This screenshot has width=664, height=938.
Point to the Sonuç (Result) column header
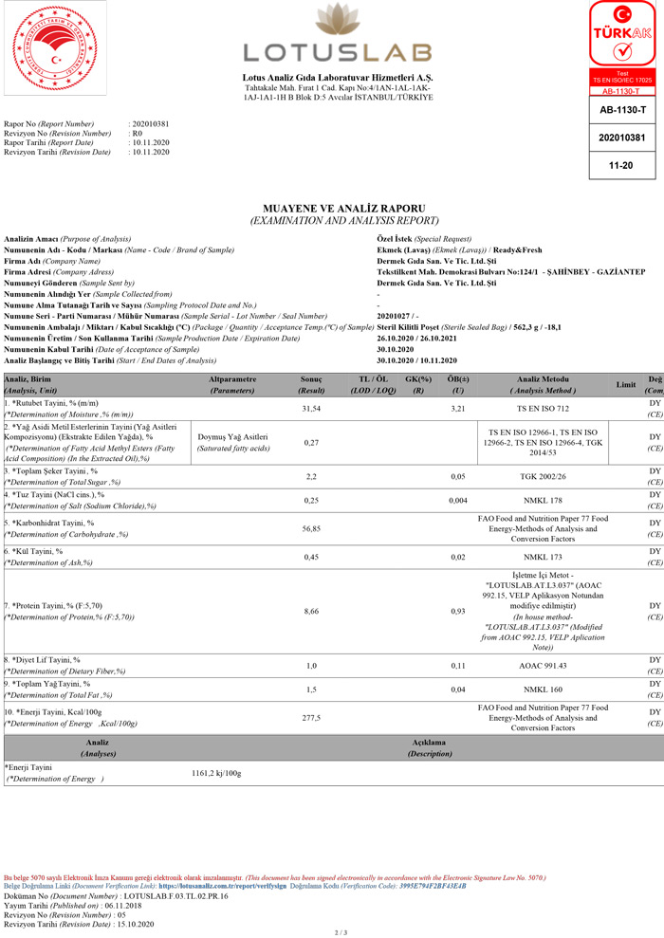click(312, 384)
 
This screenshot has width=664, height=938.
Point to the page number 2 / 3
click(341, 932)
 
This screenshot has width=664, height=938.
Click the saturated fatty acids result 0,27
click(310, 443)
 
